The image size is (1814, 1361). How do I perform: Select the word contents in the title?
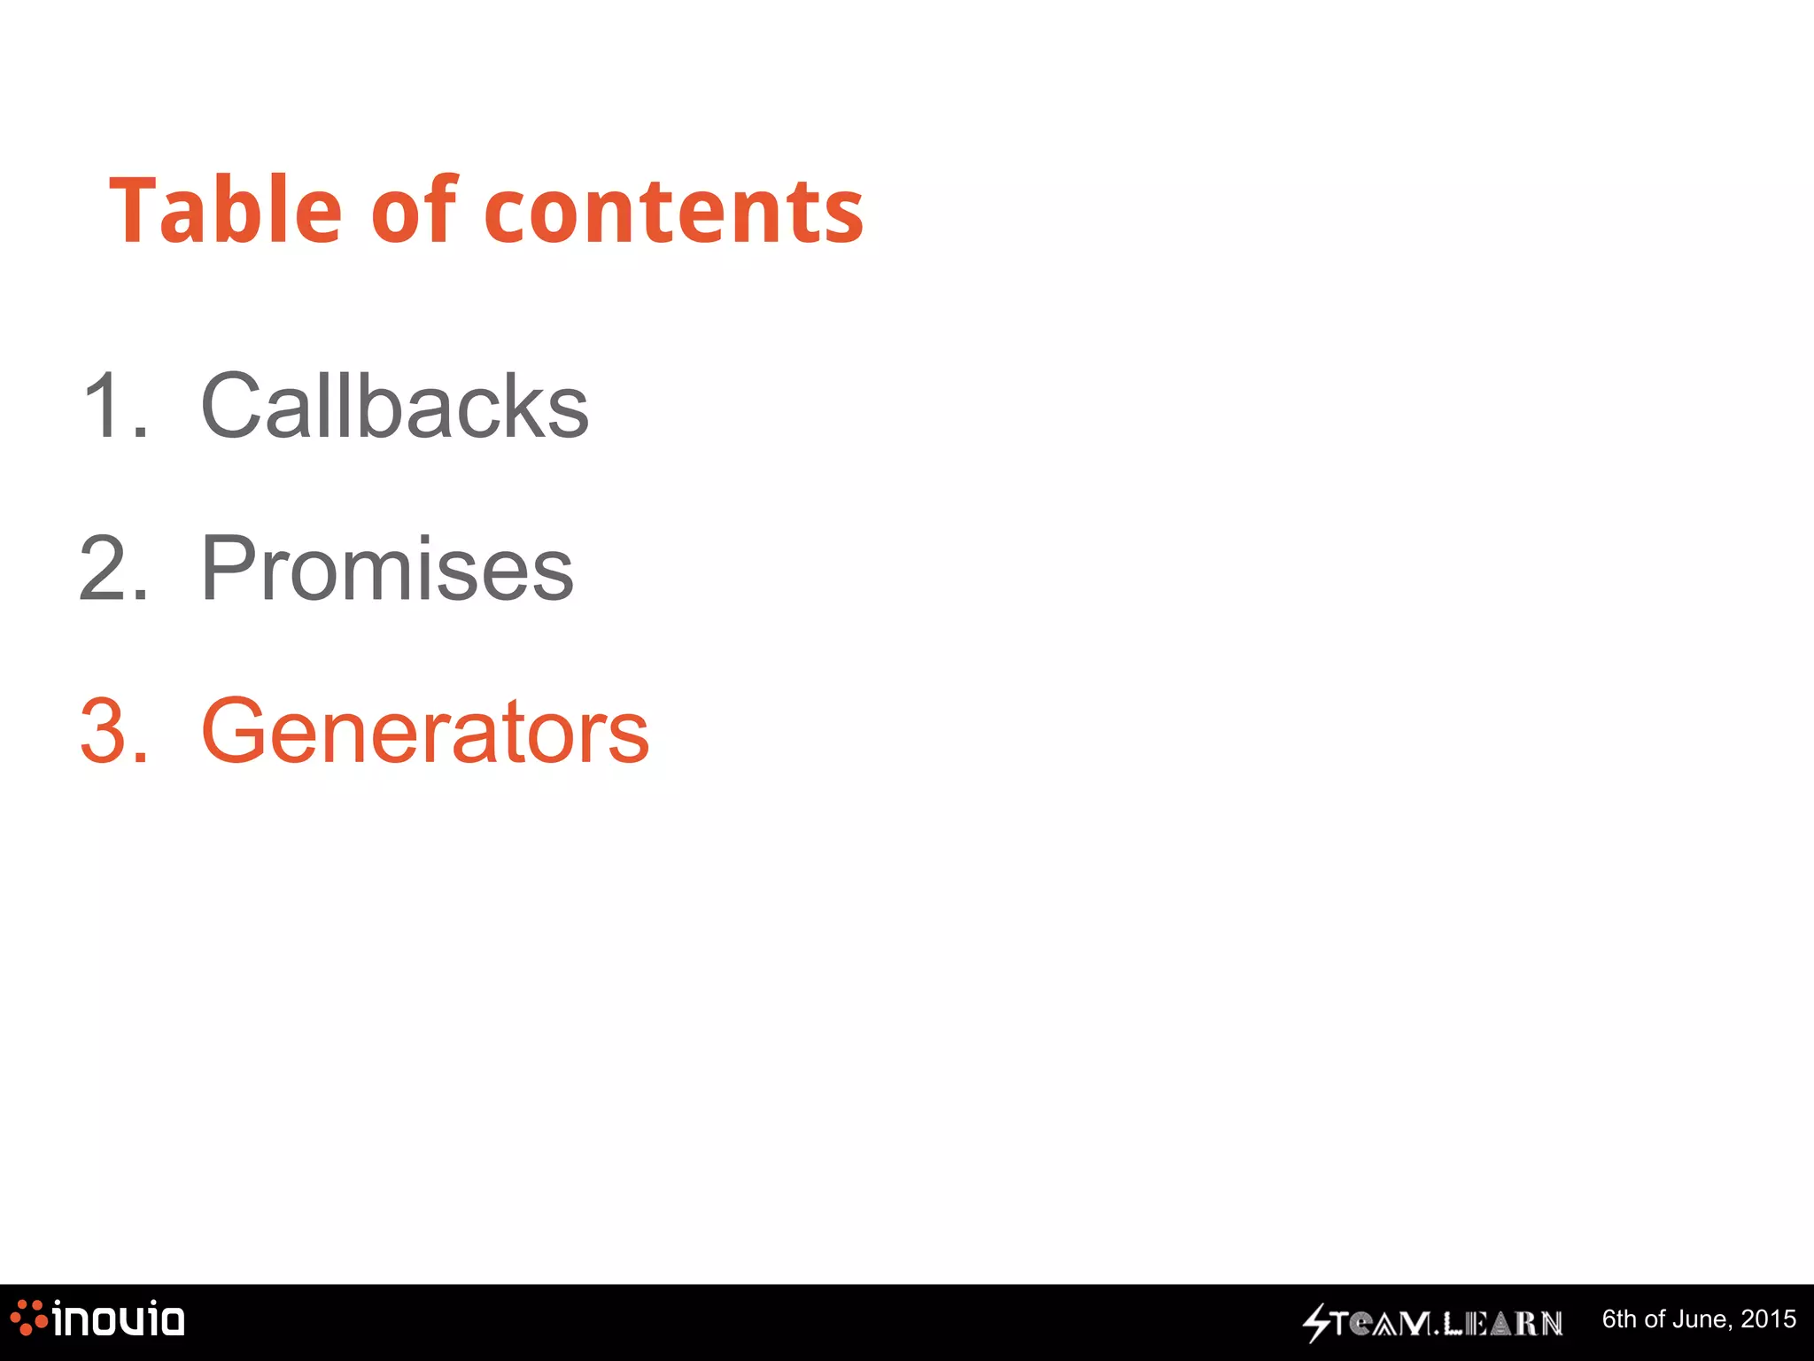point(674,213)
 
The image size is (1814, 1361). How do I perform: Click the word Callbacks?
point(395,406)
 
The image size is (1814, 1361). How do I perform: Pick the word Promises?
point(388,569)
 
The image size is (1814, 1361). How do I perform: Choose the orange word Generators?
point(425,731)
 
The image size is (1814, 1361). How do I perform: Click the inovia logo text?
point(119,1319)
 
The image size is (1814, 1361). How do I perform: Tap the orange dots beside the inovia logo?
point(27,1318)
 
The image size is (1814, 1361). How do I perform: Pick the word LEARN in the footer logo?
point(1503,1324)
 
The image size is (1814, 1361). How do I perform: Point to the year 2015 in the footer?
point(1768,1319)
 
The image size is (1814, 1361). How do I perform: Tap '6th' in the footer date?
point(1621,1319)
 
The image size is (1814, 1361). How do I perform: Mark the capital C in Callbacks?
point(232,406)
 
